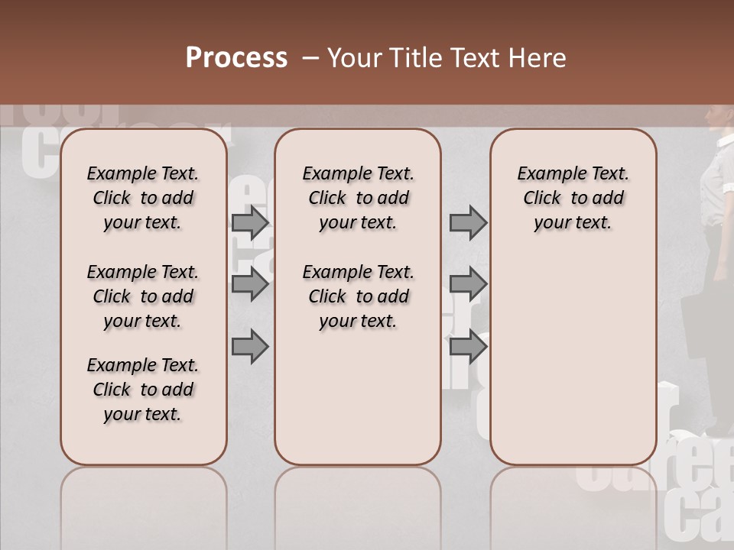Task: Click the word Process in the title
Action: tap(236, 58)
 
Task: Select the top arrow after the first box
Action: tap(250, 223)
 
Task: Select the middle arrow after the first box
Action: tap(250, 284)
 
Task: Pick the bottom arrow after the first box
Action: tap(250, 347)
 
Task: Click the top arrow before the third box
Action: tap(468, 223)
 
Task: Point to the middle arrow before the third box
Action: tap(468, 284)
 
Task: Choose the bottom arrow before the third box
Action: tap(468, 347)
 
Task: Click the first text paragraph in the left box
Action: tap(143, 198)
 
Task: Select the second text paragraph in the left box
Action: tap(143, 296)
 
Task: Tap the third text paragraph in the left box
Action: tap(143, 390)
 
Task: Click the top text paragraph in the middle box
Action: tap(358, 198)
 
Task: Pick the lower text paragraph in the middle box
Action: tap(358, 296)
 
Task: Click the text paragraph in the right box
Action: tap(573, 198)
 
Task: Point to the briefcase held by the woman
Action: tap(697, 325)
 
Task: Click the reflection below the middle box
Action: tap(358, 504)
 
